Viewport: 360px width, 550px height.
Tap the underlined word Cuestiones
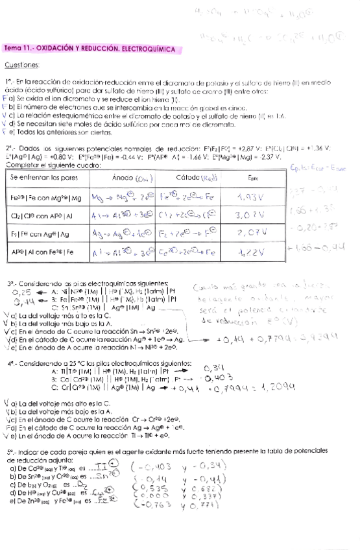pos(23,64)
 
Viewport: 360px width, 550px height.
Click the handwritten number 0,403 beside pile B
pos(219,377)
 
